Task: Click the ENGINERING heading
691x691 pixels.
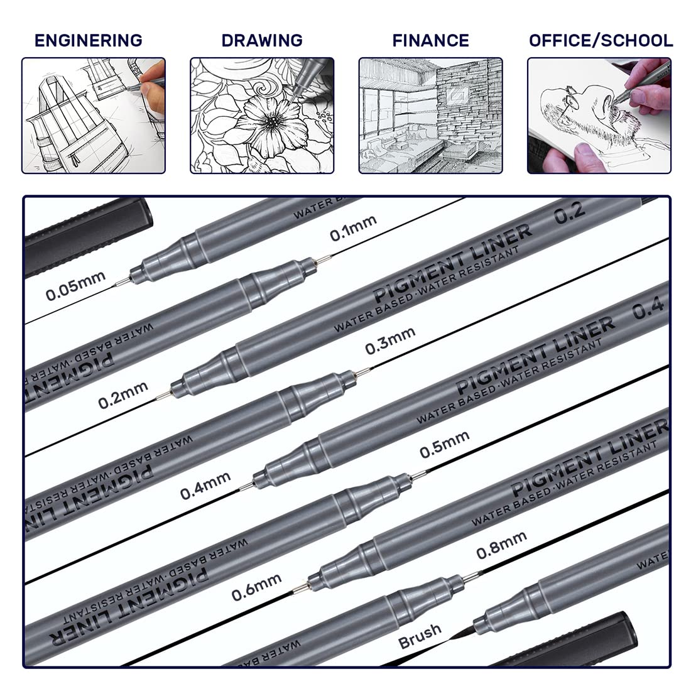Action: pyautogui.click(x=88, y=40)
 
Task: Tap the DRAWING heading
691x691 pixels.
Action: pyautogui.click(x=262, y=40)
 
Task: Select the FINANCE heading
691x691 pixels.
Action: pyautogui.click(x=430, y=40)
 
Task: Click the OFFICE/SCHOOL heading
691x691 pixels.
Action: pyautogui.click(x=601, y=40)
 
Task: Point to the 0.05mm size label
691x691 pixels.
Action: pyautogui.click(x=75, y=286)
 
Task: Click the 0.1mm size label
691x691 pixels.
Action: pyautogui.click(x=353, y=228)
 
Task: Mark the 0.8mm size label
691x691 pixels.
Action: pyautogui.click(x=501, y=545)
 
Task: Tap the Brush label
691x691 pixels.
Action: pyautogui.click(x=420, y=635)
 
